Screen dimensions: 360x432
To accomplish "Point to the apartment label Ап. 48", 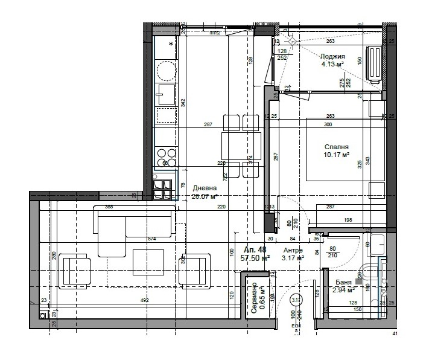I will [x=255, y=249].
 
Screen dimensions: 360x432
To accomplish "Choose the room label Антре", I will [x=293, y=250].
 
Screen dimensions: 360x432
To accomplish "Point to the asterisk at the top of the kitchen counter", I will [x=171, y=45].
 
